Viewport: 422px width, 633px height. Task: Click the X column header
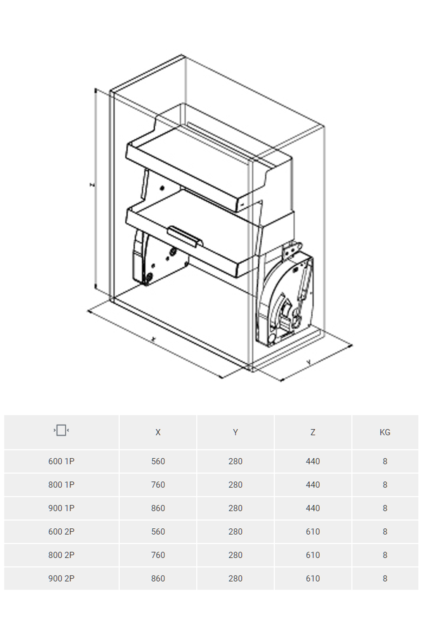(x=158, y=432)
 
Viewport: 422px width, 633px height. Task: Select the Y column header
(x=235, y=432)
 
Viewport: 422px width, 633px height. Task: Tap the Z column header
(x=313, y=432)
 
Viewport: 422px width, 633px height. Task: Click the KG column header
(x=385, y=432)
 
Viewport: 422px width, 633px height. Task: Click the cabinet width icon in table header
(x=61, y=430)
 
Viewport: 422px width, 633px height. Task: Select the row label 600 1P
(x=61, y=461)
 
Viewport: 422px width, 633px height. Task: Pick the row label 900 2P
(x=61, y=579)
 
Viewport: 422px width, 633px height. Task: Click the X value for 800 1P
(x=158, y=485)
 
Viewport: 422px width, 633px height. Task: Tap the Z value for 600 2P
(x=313, y=532)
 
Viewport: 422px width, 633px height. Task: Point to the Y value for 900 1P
(x=235, y=508)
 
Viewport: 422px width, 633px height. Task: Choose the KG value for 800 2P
(x=385, y=555)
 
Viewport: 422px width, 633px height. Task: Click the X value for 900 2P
(x=158, y=579)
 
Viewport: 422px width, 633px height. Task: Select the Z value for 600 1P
(x=313, y=461)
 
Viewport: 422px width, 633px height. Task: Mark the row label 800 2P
(x=61, y=555)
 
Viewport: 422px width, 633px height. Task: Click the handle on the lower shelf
(x=185, y=236)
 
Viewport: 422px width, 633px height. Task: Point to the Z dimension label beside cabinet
(x=92, y=185)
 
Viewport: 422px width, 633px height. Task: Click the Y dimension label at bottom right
(x=309, y=362)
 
